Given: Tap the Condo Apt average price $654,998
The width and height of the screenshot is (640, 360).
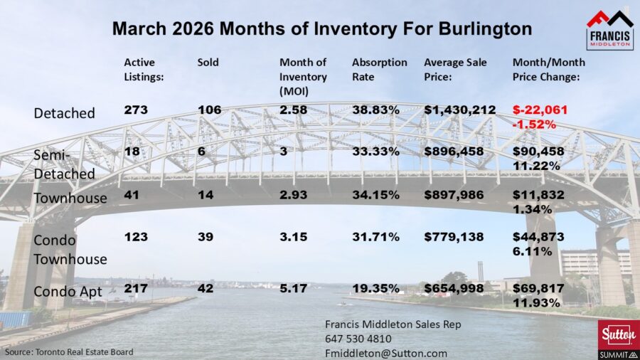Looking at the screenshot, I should click(x=454, y=287).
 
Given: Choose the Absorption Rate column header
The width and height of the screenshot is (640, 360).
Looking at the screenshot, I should click(x=380, y=63).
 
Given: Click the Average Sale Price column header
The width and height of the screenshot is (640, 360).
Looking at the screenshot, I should click(x=455, y=69).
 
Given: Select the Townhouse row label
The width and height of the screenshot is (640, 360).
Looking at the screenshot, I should click(x=70, y=198).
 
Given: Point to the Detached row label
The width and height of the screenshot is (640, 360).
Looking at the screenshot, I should click(x=65, y=112).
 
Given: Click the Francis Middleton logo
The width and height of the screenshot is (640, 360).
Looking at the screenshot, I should click(x=609, y=30).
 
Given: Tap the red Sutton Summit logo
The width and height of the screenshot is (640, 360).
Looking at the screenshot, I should click(x=615, y=339).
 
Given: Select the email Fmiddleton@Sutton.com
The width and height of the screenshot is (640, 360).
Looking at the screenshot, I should click(x=386, y=353).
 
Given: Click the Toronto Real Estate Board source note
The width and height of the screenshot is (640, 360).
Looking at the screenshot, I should click(x=69, y=352).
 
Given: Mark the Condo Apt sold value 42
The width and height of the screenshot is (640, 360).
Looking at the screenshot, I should click(x=206, y=287).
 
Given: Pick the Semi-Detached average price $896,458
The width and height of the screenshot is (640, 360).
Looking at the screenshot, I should click(x=454, y=151).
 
